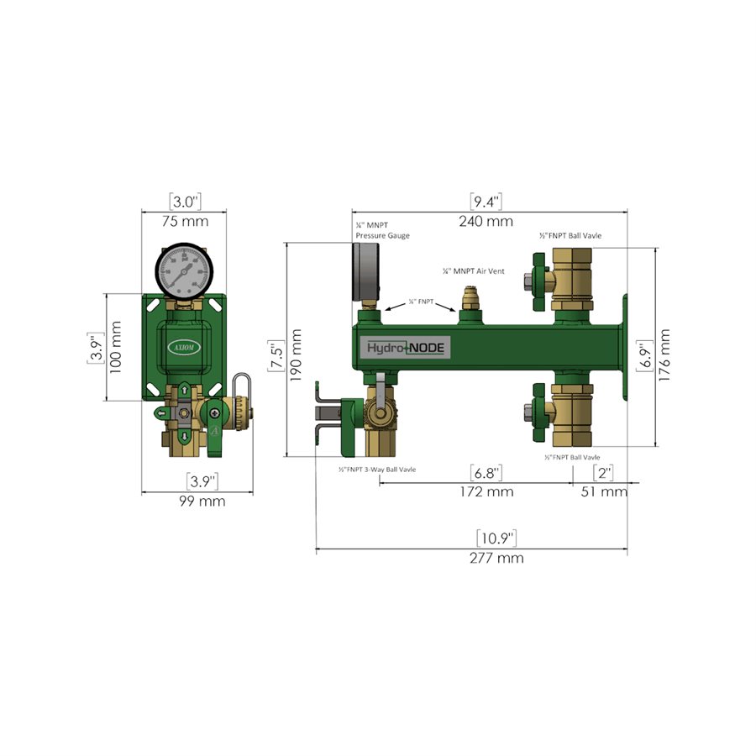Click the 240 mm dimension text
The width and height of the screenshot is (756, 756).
[x=486, y=222]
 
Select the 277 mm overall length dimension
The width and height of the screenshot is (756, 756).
[x=499, y=558]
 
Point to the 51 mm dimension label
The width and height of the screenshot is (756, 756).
[x=604, y=491]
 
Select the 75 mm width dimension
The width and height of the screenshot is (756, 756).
[x=185, y=222]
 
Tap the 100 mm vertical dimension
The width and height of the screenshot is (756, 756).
[x=118, y=347]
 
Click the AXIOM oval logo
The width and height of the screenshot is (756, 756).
[x=185, y=346]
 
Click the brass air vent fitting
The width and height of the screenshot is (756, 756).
[x=470, y=298]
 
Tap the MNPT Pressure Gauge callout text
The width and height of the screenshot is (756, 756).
[x=382, y=231]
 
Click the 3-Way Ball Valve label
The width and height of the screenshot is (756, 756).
[x=377, y=469]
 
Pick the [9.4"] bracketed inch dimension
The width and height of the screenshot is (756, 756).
[x=486, y=202]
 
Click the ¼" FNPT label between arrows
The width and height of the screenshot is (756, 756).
[x=421, y=301]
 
